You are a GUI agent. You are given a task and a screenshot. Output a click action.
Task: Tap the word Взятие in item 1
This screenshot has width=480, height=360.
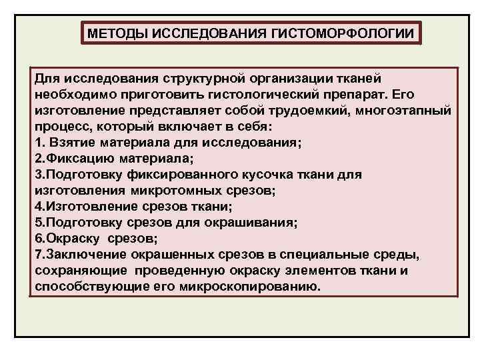point(68,142)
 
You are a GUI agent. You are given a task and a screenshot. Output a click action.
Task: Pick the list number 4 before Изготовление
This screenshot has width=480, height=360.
point(37,207)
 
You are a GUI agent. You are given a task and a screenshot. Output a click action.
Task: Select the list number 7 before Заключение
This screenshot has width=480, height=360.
point(37,255)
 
